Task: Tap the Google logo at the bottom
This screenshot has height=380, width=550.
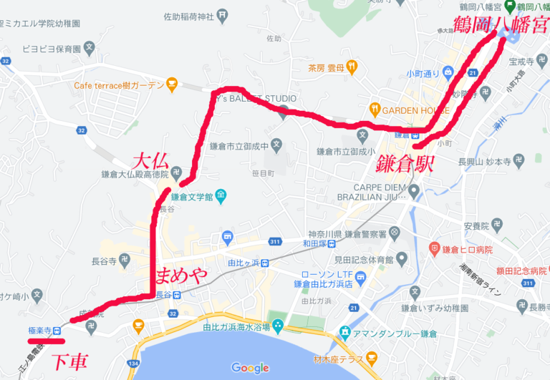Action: point(250,368)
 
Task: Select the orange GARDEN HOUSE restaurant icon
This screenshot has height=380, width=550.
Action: point(375,110)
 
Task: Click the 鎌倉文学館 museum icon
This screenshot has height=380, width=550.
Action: point(220,195)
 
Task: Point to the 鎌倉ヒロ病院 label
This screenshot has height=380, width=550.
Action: point(467,249)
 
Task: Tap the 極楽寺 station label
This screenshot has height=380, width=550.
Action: point(40,331)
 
